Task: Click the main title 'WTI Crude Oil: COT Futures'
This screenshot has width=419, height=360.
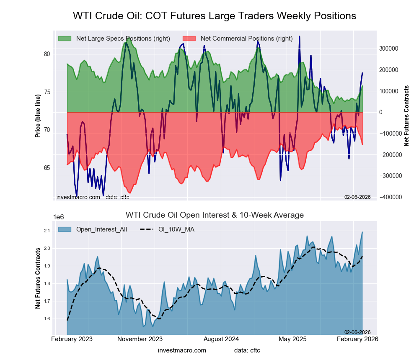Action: pyautogui.click(x=215, y=16)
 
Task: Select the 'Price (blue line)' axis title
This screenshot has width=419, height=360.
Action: pyautogui.click(x=38, y=116)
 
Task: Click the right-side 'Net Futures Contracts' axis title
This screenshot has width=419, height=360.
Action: pyautogui.click(x=406, y=116)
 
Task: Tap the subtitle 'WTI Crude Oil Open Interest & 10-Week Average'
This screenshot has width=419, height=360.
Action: pyautogui.click(x=215, y=215)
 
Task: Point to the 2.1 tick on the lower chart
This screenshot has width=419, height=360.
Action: pyautogui.click(x=46, y=231)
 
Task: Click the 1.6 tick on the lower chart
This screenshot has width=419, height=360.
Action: pyautogui.click(x=46, y=319)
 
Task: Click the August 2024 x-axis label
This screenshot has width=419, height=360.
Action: pyautogui.click(x=222, y=339)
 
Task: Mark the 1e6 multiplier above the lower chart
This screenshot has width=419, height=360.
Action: pyautogui.click(x=59, y=217)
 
